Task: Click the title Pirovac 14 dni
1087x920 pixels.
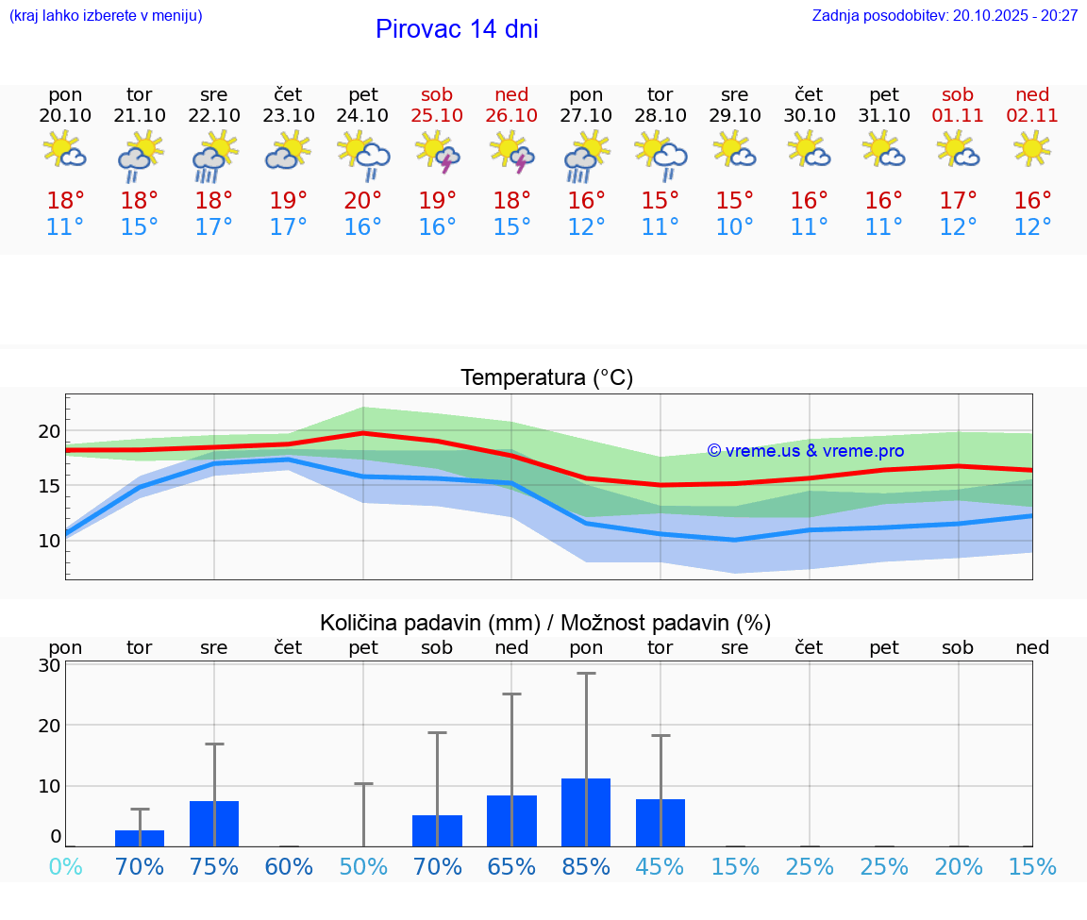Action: [x=457, y=29]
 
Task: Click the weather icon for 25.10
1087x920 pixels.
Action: [x=437, y=151]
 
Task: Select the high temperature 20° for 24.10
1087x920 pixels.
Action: [x=363, y=201]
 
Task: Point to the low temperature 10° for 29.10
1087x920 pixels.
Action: [x=734, y=227]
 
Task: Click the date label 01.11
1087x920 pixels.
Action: [x=958, y=116]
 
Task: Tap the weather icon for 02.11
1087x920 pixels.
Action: [x=1032, y=148]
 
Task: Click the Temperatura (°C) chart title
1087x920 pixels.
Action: [x=546, y=378]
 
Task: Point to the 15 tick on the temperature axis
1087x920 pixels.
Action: [x=49, y=486]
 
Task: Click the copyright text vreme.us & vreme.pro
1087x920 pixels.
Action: [x=805, y=451]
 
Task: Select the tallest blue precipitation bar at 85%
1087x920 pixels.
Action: [x=586, y=812]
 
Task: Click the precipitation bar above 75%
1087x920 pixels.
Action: [x=214, y=824]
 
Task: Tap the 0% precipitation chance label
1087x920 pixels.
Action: [x=65, y=867]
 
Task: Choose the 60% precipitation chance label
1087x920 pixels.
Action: [x=289, y=867]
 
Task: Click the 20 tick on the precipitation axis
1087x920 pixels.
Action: [x=49, y=726]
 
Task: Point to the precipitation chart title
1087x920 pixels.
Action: [x=545, y=623]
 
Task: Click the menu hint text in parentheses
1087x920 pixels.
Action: [x=106, y=16]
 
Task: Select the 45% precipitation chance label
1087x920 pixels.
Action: [x=661, y=867]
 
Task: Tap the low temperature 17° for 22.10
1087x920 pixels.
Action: [x=214, y=227]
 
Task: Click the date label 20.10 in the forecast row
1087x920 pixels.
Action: [x=65, y=116]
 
